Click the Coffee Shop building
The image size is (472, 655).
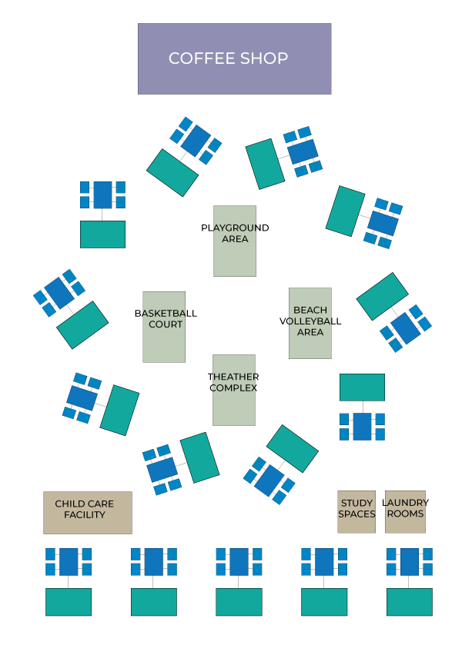(x=234, y=58)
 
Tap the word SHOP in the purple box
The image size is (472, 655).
(x=263, y=58)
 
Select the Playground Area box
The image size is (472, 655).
(x=235, y=241)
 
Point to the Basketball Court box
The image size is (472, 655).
(x=164, y=327)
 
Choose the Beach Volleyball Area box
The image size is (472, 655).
(x=310, y=323)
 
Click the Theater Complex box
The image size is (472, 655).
(x=233, y=390)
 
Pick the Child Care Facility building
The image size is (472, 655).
(x=87, y=513)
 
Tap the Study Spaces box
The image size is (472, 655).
(x=357, y=511)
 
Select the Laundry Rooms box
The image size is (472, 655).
(x=405, y=511)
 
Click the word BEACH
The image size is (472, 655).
(x=310, y=311)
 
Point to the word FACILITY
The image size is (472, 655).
(x=85, y=515)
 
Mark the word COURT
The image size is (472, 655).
(x=166, y=324)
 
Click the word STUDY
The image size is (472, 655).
(x=357, y=504)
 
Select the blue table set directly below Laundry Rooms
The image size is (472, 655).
(x=409, y=562)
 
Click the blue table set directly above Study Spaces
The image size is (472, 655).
(x=362, y=427)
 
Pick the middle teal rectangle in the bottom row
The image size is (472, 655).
(x=239, y=602)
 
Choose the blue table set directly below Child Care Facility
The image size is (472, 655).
(x=69, y=562)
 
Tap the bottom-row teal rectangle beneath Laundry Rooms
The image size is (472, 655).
(x=409, y=602)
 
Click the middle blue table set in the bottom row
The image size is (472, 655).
(x=239, y=562)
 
